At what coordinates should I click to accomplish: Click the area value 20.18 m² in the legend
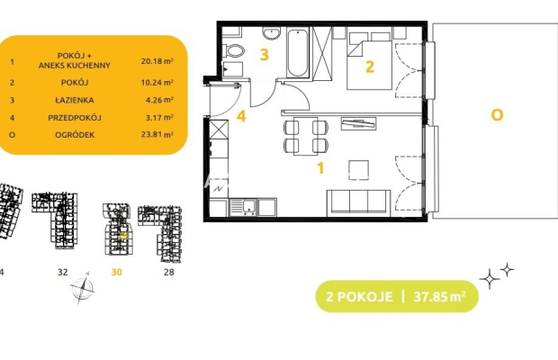157,61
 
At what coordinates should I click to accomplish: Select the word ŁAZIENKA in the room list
75,100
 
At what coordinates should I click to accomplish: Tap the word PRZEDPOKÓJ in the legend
75,117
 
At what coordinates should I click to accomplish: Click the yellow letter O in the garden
497,115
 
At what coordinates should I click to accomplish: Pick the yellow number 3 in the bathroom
264,55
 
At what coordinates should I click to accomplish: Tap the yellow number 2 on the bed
370,67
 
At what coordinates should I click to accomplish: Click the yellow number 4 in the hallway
241,116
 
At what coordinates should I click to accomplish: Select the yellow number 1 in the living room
320,168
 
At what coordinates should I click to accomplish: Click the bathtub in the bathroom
298,53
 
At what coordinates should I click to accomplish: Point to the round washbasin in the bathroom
272,33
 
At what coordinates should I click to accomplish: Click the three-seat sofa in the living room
359,203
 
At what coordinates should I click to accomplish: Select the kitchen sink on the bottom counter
243,207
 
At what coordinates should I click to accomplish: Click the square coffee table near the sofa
358,170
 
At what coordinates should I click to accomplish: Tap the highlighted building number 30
116,272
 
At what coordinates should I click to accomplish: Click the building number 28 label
169,272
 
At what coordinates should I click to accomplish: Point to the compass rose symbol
83,287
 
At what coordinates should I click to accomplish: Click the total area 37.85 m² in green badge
440,296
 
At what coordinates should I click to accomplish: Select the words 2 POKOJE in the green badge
359,297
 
